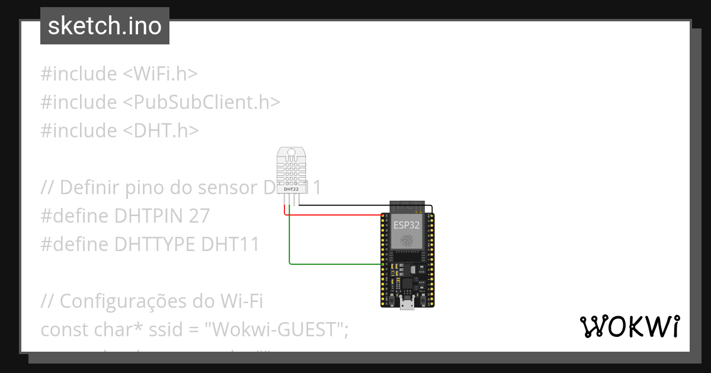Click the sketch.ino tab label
point(105,26)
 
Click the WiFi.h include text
point(160,74)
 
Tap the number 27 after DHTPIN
point(200,216)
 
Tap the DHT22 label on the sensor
point(292,189)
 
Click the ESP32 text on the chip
point(406,225)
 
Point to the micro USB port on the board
point(407,305)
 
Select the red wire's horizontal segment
point(335,215)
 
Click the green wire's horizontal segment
point(335,263)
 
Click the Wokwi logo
point(629,326)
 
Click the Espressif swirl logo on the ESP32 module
point(407,240)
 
